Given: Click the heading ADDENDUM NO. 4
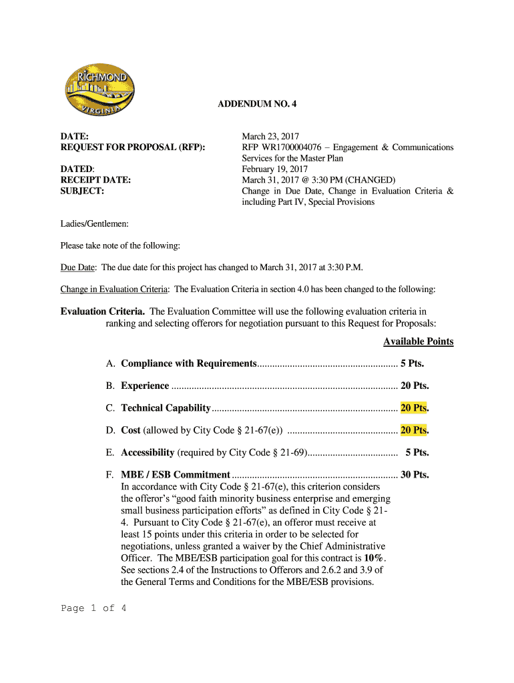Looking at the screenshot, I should [x=257, y=105].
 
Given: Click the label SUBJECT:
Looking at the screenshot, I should [x=83, y=191].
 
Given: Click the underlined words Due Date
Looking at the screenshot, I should [x=77, y=267].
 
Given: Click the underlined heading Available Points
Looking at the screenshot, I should [x=418, y=341].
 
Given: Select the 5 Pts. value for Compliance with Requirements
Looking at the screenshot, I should [x=412, y=364].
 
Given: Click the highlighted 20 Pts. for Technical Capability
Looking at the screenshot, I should [x=414, y=408].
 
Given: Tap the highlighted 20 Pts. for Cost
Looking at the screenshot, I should [x=414, y=430].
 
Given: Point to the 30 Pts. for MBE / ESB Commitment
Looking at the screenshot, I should [x=414, y=475].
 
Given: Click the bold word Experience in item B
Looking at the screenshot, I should [x=145, y=386].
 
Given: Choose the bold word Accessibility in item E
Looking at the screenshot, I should [x=148, y=452].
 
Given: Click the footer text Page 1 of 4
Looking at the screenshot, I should [x=93, y=608].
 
